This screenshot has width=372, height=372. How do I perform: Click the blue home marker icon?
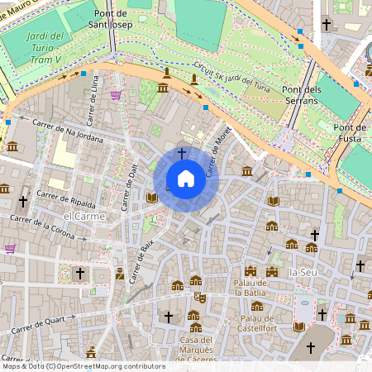[185, 179]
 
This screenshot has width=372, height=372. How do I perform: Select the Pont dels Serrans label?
[300, 94]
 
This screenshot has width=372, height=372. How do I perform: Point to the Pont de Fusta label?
[350, 133]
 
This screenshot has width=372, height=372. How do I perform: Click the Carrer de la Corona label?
[41, 227]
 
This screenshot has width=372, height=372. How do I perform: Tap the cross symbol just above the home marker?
[182, 154]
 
